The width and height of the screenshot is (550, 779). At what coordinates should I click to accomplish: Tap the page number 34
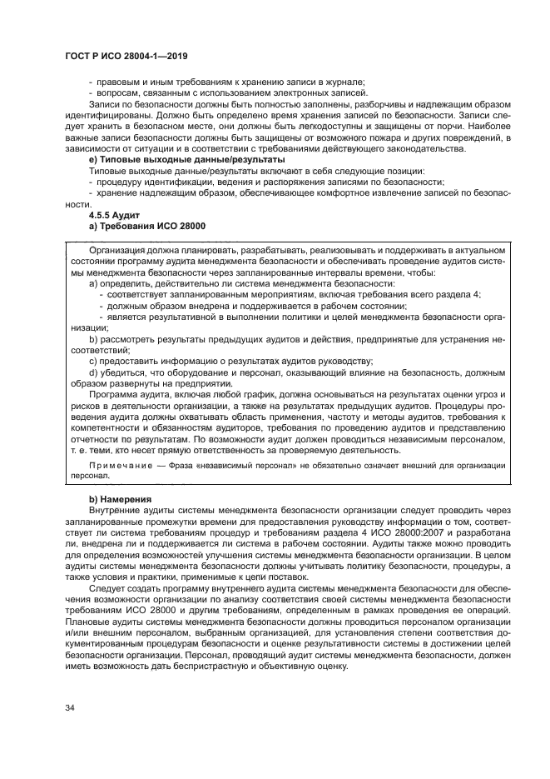(70, 707)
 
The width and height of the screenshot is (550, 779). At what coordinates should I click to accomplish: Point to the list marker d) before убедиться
(94, 373)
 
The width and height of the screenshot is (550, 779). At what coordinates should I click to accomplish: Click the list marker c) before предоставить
(93, 362)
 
